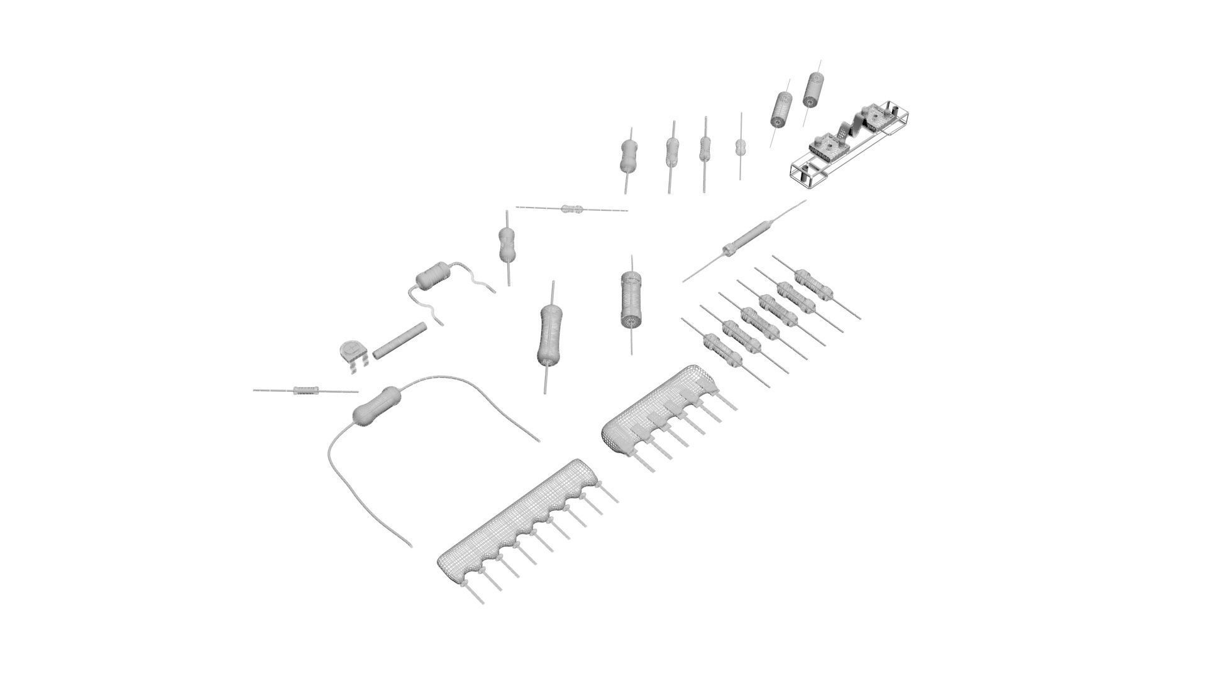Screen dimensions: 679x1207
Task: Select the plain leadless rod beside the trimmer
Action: point(399,341)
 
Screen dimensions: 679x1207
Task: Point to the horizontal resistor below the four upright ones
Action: point(572,209)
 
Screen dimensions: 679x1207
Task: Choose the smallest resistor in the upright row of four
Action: point(741,147)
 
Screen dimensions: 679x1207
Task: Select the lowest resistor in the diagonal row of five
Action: point(720,348)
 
